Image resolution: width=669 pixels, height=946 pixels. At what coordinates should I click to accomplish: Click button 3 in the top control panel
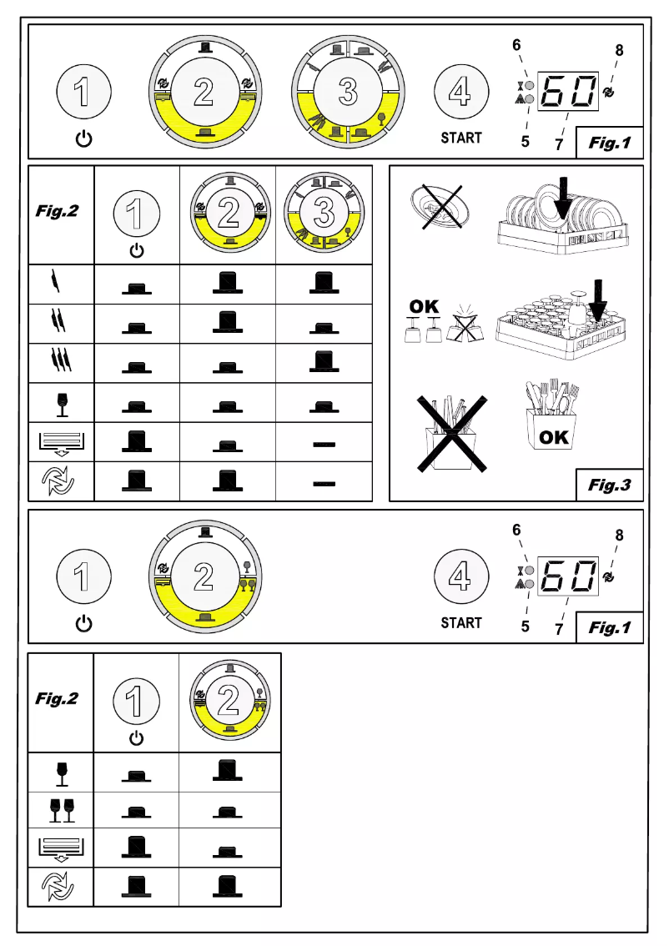coord(348,93)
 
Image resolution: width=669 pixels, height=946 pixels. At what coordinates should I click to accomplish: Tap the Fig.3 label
coord(609,485)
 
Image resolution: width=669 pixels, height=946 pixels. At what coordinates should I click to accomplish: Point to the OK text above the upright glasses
coord(424,306)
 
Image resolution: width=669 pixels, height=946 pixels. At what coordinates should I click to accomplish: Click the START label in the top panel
coord(461,138)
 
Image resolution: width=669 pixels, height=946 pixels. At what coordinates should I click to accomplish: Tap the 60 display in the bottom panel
coord(570,576)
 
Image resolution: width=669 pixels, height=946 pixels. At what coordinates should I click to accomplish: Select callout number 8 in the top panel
coord(619,50)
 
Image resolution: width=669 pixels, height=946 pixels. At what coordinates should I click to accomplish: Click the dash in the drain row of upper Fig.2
coord(324,444)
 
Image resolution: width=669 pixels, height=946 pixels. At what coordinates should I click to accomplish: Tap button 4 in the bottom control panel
coord(460,576)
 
